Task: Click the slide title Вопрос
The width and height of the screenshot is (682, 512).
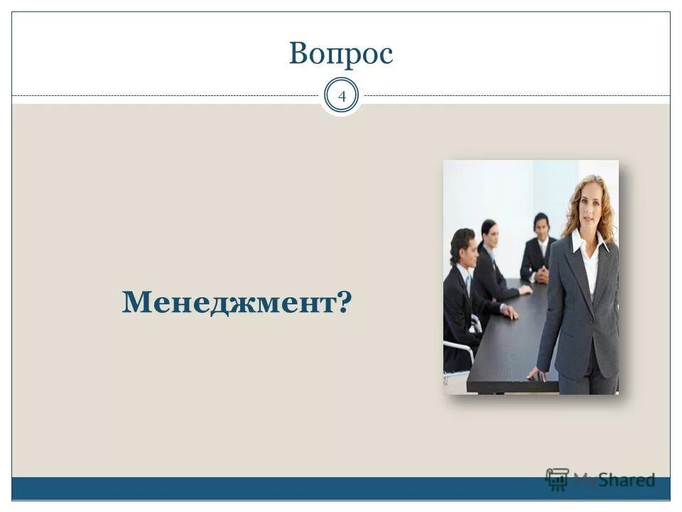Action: pyautogui.click(x=341, y=54)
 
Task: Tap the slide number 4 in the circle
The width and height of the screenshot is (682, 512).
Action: pyautogui.click(x=341, y=96)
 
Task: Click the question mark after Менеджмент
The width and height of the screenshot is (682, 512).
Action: pyautogui.click(x=346, y=303)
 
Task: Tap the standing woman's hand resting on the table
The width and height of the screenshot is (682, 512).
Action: pyautogui.click(x=536, y=375)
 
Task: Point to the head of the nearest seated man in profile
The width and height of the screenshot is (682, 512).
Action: pyautogui.click(x=462, y=246)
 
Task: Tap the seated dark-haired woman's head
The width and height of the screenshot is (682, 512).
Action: pyautogui.click(x=489, y=232)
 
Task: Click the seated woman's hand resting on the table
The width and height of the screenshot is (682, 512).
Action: pyautogui.click(x=525, y=290)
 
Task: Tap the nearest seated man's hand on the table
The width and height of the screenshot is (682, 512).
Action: pyautogui.click(x=509, y=311)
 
